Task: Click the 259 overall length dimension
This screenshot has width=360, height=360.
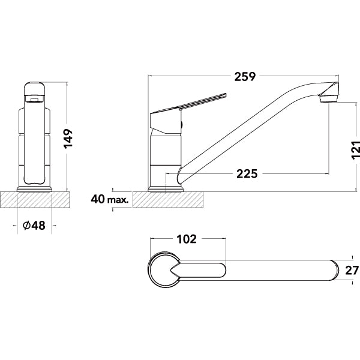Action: point(245,77)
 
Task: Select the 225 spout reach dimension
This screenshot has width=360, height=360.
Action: point(247,174)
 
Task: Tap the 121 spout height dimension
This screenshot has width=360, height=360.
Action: point(354,154)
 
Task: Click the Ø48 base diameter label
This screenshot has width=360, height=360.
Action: point(34,226)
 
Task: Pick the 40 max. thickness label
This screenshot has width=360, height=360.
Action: point(110,199)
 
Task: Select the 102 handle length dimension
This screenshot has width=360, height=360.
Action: point(187,239)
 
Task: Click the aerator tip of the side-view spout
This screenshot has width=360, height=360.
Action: point(331,94)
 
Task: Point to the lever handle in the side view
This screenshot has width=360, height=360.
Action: point(192,103)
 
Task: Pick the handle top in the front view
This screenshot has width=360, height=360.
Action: point(35,89)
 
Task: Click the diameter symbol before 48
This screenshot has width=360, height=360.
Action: point(26,226)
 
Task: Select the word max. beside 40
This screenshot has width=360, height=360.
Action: point(119,199)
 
